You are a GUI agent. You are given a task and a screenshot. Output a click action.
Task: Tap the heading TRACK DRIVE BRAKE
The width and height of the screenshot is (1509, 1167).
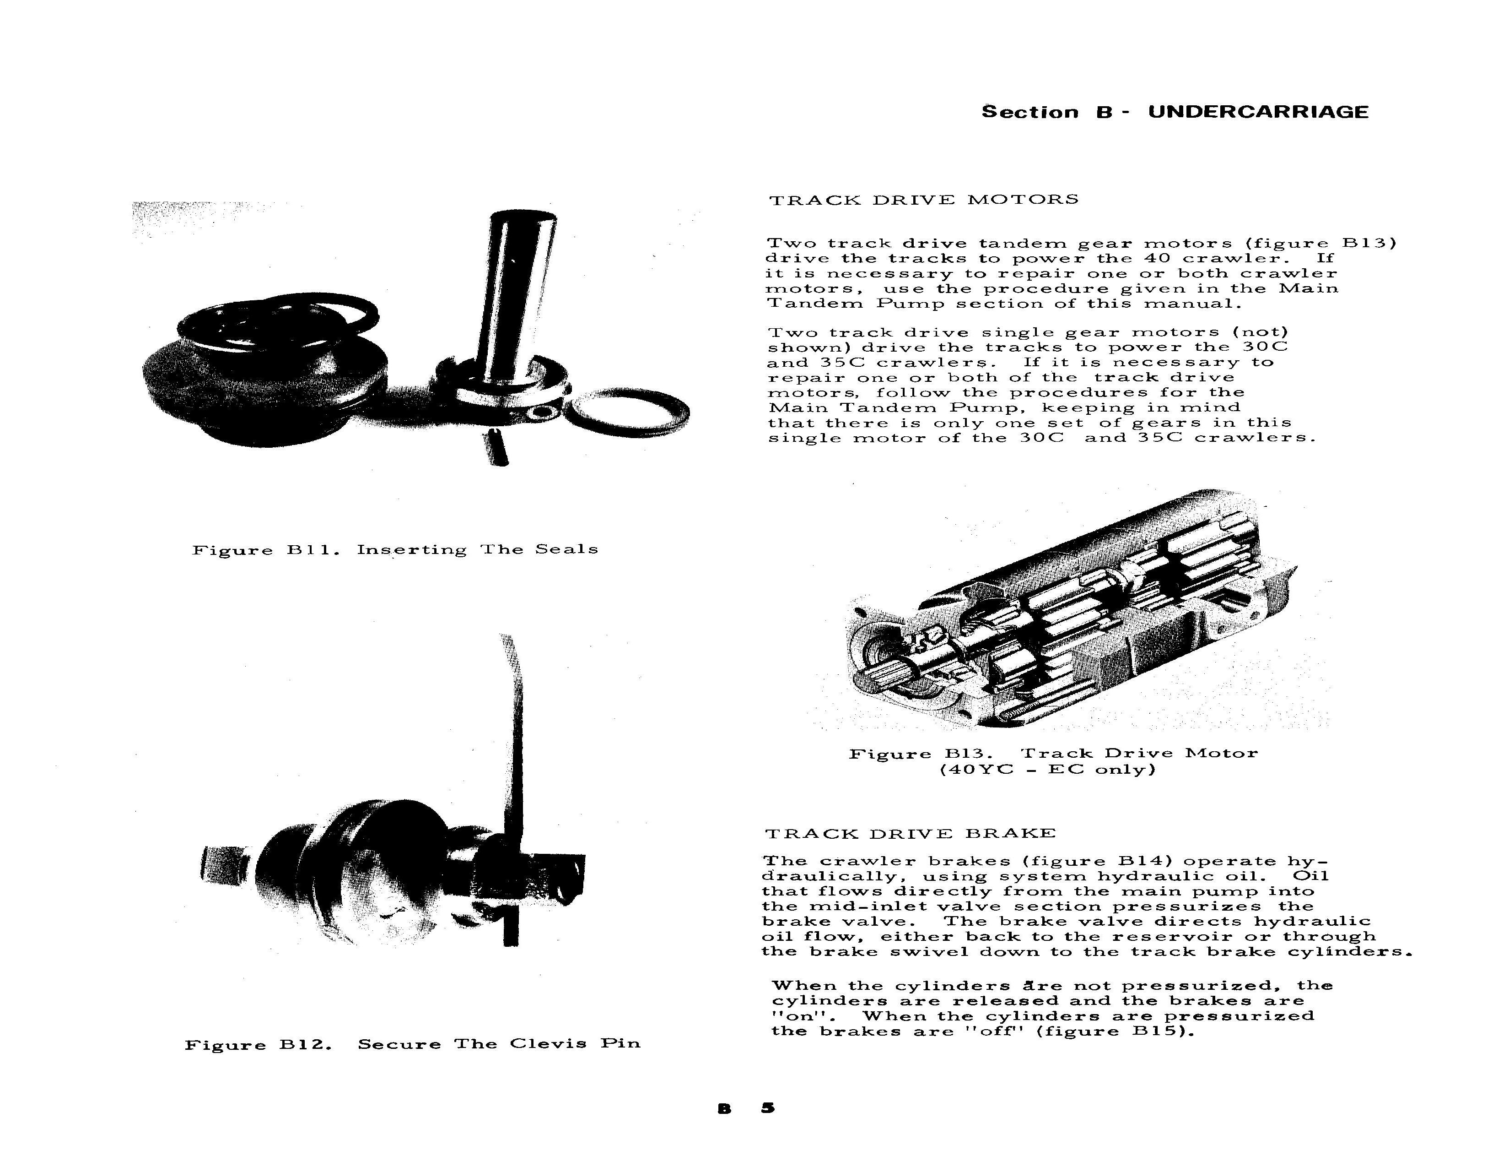[x=910, y=833]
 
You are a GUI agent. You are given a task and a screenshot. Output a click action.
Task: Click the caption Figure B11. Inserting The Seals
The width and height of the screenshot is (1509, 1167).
[x=394, y=550]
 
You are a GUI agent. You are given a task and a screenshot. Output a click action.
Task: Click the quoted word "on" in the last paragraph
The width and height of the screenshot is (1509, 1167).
[x=793, y=1016]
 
